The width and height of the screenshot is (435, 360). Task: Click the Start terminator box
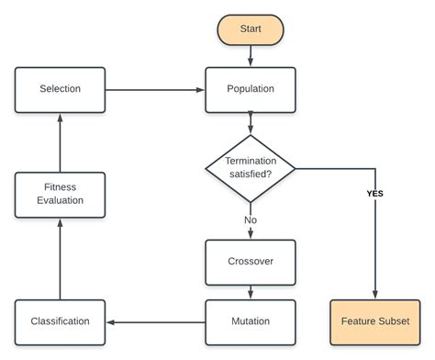click(250, 29)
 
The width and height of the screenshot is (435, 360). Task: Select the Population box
click(250, 89)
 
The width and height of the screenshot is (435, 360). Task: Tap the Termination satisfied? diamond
click(250, 168)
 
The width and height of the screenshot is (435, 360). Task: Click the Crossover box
click(250, 261)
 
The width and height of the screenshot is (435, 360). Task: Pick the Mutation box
click(250, 321)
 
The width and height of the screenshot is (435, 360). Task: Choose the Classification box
click(60, 321)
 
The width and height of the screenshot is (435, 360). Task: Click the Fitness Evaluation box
click(60, 194)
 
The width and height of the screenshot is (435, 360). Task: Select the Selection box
click(60, 89)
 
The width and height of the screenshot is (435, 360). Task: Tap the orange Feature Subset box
click(374, 321)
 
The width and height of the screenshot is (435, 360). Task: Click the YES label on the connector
click(374, 194)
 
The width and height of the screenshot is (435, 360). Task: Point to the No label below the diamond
click(250, 221)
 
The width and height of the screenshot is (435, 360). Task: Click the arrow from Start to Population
click(250, 56)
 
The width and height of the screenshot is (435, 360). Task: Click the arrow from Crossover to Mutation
click(250, 291)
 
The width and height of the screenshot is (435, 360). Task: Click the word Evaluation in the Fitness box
click(60, 201)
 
